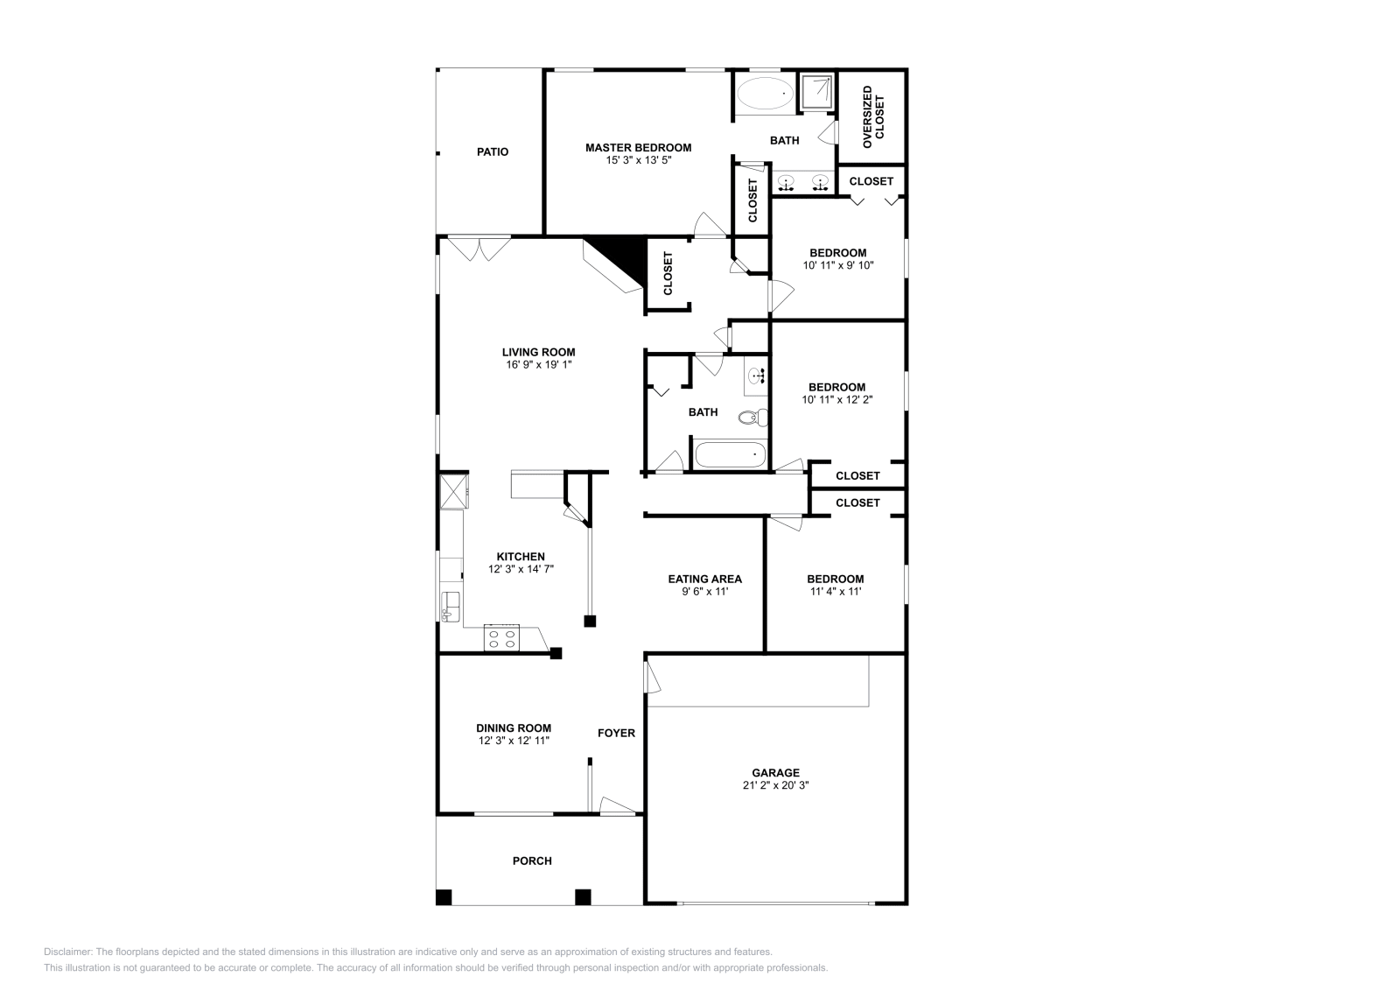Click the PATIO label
point(493,152)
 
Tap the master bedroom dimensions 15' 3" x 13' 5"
point(638,160)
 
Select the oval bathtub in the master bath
point(765,94)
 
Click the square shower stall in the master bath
point(817,92)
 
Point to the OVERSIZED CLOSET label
point(873,117)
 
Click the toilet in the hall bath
point(753,417)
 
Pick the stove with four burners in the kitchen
point(501,637)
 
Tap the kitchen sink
point(450,607)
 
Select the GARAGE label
point(775,773)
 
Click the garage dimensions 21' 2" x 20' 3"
point(775,785)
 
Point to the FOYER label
point(616,733)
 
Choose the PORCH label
point(532,861)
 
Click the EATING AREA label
point(705,579)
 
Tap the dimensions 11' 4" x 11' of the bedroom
point(836,592)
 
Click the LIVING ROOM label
point(539,353)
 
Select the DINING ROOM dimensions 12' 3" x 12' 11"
point(514,741)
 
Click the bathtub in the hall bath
point(731,454)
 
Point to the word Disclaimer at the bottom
point(68,952)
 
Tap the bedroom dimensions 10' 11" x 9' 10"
point(838,265)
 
